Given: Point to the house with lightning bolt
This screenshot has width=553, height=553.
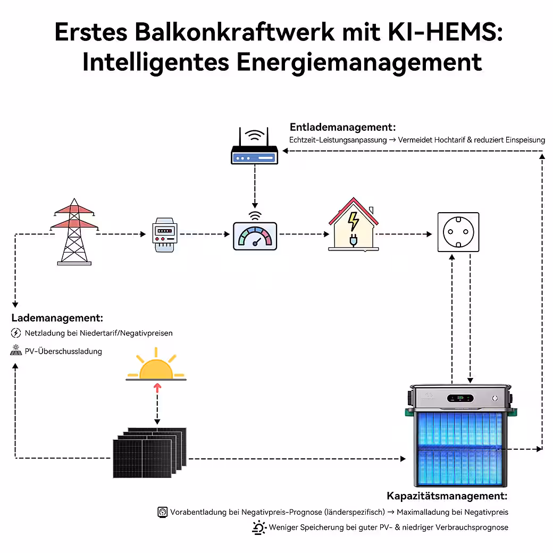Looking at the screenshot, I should tap(353, 225).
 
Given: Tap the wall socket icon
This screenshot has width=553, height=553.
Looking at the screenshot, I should tap(458, 232).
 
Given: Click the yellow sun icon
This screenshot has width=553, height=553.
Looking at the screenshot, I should tap(156, 366).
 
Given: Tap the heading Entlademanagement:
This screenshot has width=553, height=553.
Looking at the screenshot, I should tap(343, 128).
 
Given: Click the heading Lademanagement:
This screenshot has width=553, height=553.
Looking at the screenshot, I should tap(57, 318).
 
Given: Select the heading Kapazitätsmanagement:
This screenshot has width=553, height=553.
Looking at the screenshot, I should tap(447, 496).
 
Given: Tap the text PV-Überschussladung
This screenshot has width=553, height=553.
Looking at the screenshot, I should tap(63, 351).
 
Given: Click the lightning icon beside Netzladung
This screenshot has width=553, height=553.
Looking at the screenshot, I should tap(16, 333).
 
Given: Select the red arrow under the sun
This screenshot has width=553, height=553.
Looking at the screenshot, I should tap(157, 388).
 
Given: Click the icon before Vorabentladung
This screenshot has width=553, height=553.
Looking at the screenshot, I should tap(163, 512).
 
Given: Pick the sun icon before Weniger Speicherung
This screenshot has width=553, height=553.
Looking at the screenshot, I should tap(259, 527).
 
